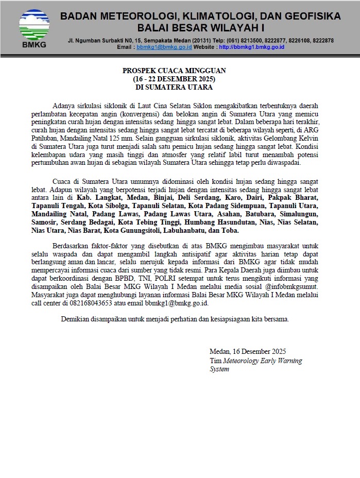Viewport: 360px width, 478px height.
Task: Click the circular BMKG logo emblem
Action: click(34, 24)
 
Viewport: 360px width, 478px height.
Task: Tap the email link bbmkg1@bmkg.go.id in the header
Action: click(164, 47)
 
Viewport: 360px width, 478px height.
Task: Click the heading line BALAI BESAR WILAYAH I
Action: click(200, 27)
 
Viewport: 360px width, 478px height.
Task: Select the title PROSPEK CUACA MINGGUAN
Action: click(174, 71)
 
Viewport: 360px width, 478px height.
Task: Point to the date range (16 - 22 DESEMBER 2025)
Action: click(174, 79)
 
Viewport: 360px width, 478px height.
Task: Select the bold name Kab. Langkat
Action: click(97, 197)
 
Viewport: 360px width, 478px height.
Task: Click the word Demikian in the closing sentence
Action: click(76, 319)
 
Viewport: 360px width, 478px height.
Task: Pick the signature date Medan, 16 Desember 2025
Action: click(246, 353)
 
